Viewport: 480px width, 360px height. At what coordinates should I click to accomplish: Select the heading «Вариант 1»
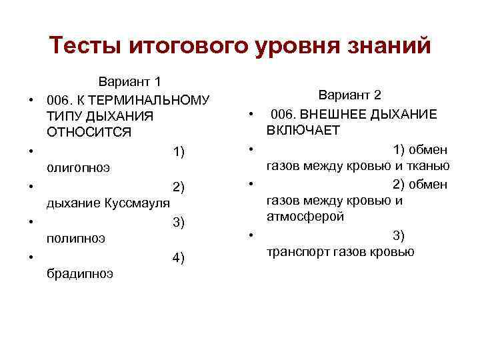click(130, 83)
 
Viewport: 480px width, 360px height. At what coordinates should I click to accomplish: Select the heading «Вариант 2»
click(349, 95)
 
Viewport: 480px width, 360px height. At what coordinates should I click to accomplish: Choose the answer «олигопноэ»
click(78, 168)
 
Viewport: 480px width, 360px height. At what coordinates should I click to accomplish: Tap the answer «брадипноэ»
click(79, 273)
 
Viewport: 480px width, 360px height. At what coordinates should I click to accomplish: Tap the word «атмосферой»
click(305, 217)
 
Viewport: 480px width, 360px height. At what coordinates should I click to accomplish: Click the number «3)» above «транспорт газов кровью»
click(399, 235)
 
